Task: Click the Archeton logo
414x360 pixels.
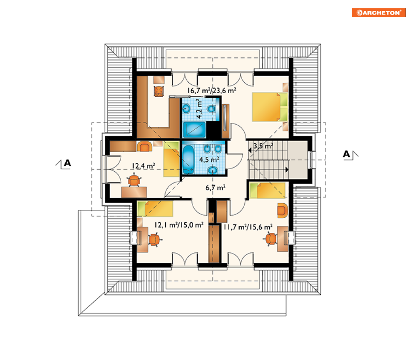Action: tap(379, 12)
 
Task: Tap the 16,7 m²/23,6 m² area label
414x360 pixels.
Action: tap(211, 91)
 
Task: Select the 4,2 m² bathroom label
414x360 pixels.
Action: tap(199, 108)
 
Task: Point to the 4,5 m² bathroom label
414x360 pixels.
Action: tap(209, 160)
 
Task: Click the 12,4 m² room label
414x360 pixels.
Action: tap(144, 166)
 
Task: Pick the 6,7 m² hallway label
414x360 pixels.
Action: tap(216, 187)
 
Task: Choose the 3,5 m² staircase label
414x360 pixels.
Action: tap(263, 146)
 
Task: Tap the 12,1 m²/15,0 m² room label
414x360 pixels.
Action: tap(179, 225)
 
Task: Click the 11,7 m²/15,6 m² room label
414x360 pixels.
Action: tap(248, 227)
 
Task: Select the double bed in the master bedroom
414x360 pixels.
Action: tap(270, 107)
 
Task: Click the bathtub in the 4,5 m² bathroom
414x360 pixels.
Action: tap(188, 160)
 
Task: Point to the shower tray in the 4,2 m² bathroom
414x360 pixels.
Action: tap(194, 130)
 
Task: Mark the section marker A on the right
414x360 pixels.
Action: tap(350, 154)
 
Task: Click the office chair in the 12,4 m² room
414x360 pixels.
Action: tap(134, 180)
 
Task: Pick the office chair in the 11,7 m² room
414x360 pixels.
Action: tap(270, 239)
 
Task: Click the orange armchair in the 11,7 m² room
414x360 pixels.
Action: tap(282, 210)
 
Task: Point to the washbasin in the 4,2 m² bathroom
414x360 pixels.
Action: tap(187, 108)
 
